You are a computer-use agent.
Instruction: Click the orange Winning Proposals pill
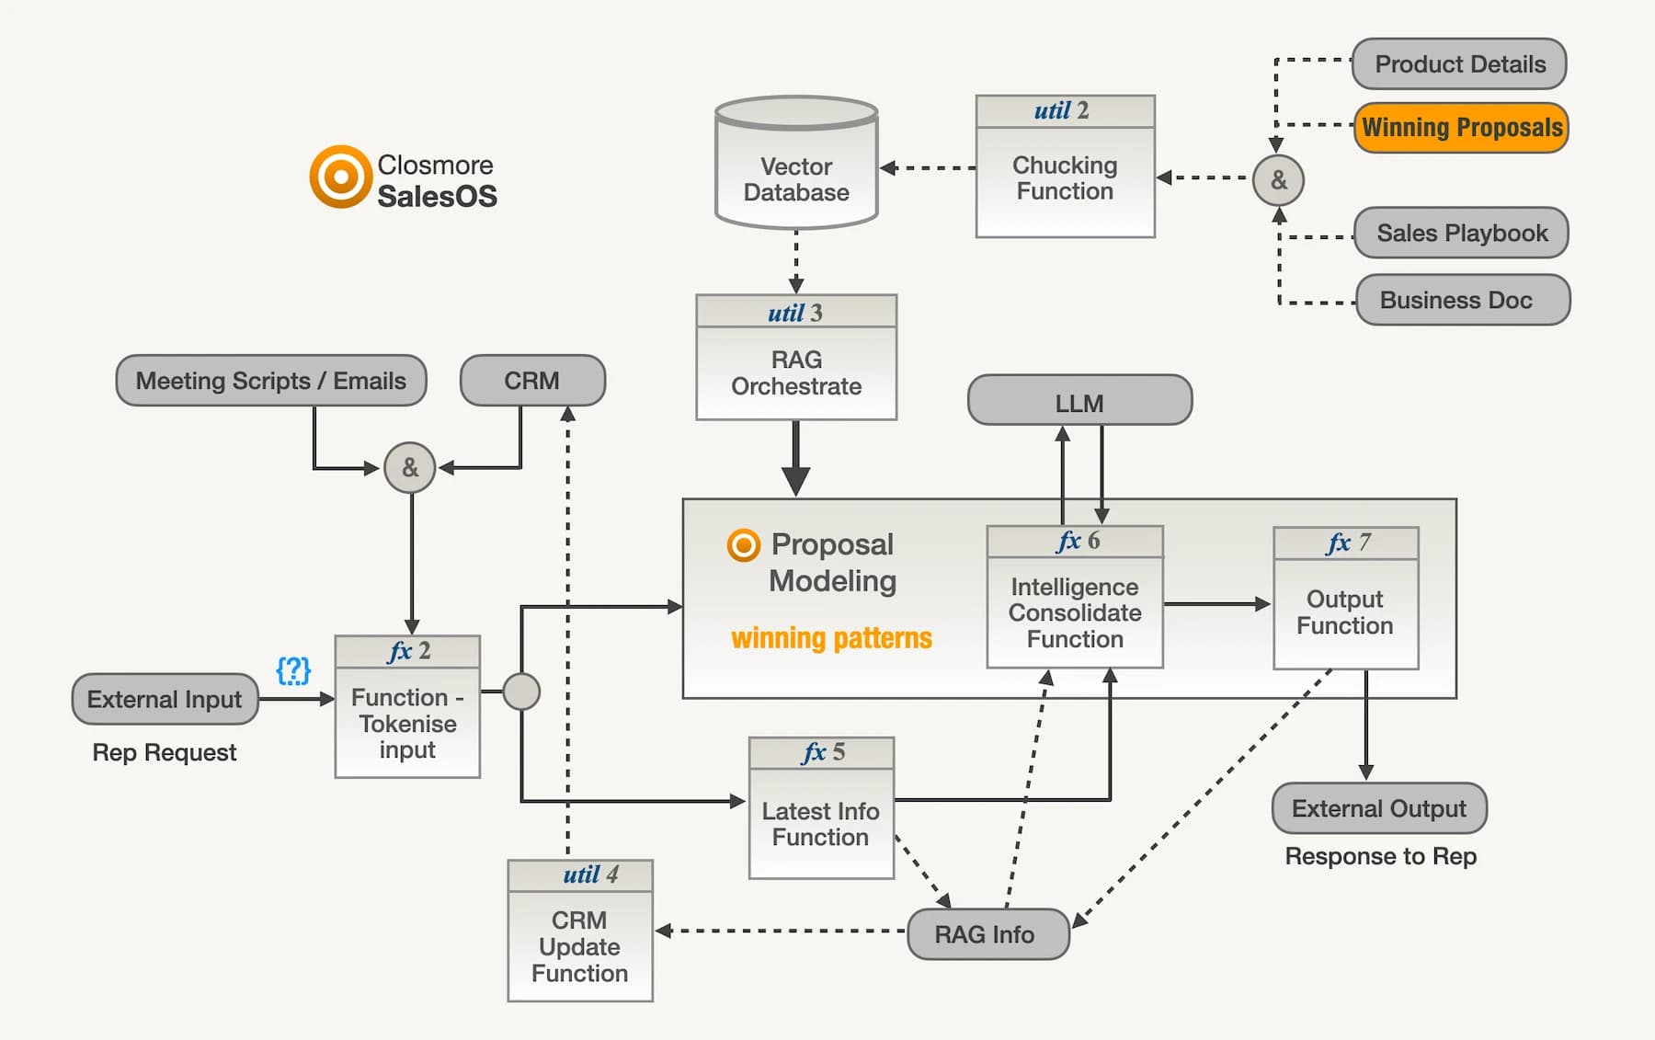click(x=1460, y=128)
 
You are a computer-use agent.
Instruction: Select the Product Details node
click(x=1459, y=64)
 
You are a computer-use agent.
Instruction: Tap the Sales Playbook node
click(x=1461, y=234)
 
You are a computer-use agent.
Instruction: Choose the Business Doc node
click(x=1462, y=301)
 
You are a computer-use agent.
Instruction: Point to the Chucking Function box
click(x=1065, y=178)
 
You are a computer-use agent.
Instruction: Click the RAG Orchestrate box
click(x=796, y=372)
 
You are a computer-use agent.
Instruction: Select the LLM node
click(x=1079, y=402)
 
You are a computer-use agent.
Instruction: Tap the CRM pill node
click(x=532, y=381)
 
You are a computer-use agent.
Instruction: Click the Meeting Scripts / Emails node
click(x=271, y=381)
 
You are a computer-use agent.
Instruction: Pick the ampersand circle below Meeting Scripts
click(x=410, y=468)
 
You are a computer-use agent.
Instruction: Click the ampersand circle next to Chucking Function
click(x=1278, y=180)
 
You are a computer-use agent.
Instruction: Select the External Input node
click(x=165, y=700)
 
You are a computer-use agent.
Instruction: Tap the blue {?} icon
click(x=293, y=669)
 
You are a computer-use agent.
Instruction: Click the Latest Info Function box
click(x=821, y=823)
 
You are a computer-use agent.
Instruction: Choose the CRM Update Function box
click(x=580, y=945)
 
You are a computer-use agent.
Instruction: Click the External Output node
click(x=1378, y=808)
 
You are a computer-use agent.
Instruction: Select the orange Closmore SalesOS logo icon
click(x=340, y=176)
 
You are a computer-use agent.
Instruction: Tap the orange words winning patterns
click(x=831, y=637)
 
